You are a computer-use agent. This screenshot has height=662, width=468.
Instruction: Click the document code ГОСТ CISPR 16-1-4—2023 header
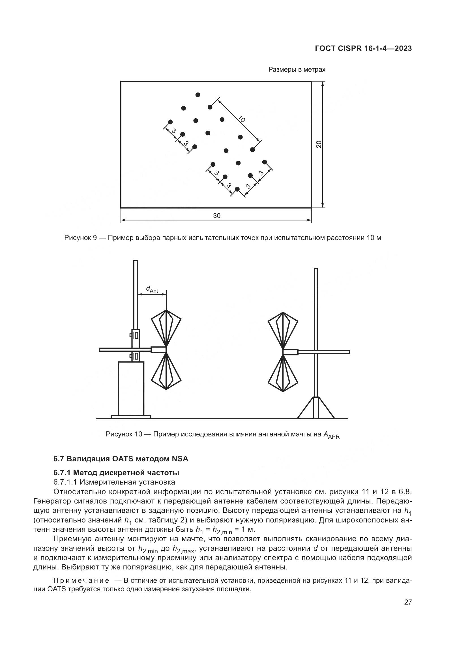pos(363,48)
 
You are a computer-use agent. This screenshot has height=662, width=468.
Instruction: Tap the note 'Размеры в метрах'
pos(297,70)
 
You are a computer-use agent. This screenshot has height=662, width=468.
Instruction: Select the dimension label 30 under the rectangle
pos(216,216)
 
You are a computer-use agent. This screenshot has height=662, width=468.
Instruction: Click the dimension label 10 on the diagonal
pos(241,119)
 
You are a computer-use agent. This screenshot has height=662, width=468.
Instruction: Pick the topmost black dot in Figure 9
pos(198,95)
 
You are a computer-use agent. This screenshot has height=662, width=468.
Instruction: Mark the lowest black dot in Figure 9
pos(237,189)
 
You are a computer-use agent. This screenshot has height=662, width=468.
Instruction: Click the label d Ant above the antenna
pos(152,289)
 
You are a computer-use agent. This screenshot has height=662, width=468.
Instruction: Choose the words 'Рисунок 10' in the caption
pos(124,434)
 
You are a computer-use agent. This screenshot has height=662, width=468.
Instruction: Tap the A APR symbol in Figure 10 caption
pos(331,435)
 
